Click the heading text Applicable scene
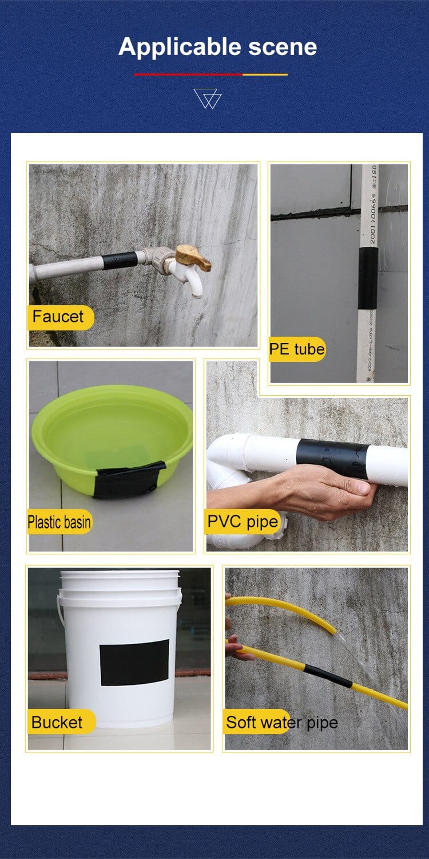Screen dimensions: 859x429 click(217, 46)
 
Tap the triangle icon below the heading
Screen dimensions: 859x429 click(207, 98)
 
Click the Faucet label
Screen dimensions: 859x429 click(58, 317)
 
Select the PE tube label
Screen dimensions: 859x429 click(297, 349)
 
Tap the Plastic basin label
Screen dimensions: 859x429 click(59, 522)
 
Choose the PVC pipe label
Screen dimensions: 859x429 click(243, 522)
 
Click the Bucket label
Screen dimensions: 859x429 click(57, 723)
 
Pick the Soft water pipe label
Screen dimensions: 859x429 click(281, 723)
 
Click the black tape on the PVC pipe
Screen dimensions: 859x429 click(333, 458)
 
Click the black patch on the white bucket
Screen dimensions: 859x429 click(134, 663)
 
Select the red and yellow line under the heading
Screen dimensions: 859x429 click(210, 74)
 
